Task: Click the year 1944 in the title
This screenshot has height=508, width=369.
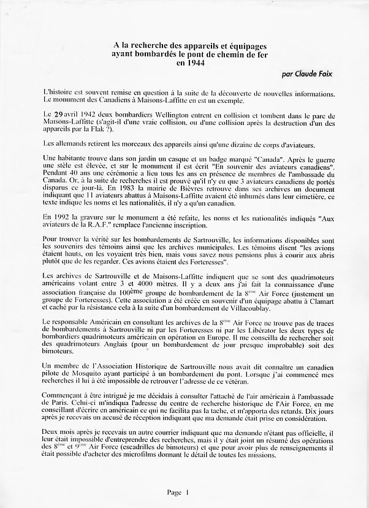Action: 192,63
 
